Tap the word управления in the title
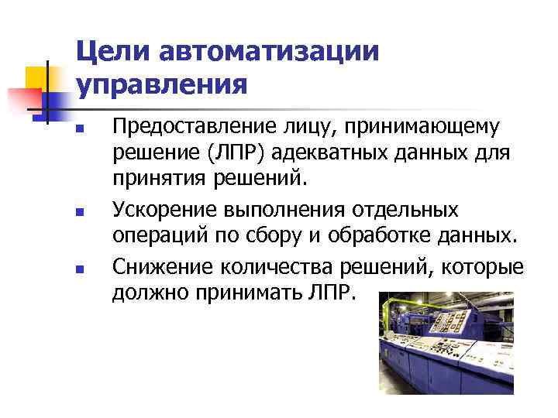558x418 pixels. tap(163, 84)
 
